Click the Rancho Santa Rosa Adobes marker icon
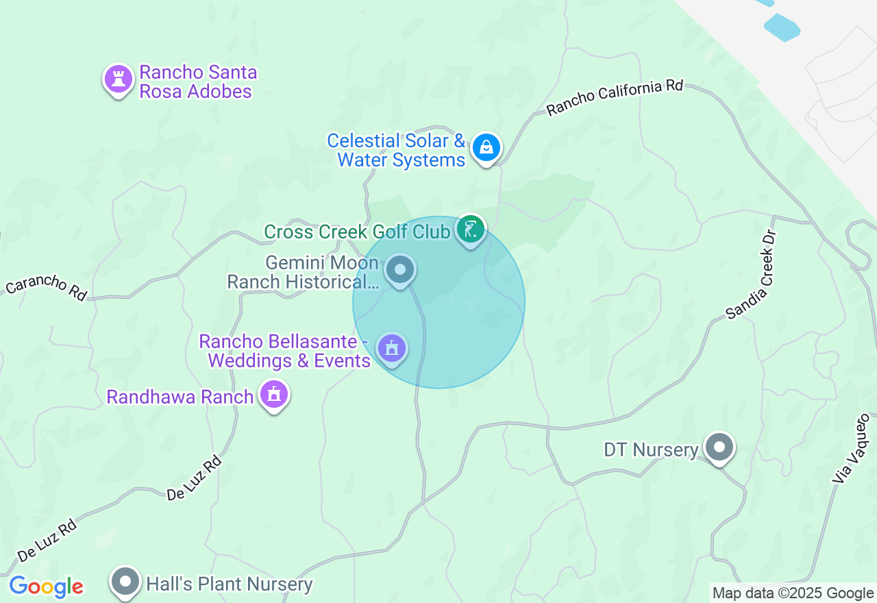click(x=118, y=79)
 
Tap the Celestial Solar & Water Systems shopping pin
click(x=486, y=147)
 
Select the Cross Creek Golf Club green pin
click(x=470, y=230)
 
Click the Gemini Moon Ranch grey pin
click(x=399, y=269)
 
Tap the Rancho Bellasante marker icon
click(x=391, y=349)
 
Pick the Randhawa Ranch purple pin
click(x=274, y=395)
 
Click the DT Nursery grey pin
click(x=719, y=447)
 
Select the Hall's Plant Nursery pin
click(x=125, y=582)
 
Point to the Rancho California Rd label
click(x=615, y=97)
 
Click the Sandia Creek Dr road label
click(x=752, y=274)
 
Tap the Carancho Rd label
click(x=46, y=288)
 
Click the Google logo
click(x=46, y=587)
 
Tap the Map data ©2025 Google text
click(x=793, y=593)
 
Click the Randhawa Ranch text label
click(x=180, y=397)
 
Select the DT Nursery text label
click(x=650, y=450)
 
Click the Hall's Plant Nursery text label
click(x=230, y=584)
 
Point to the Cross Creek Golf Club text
click(x=357, y=232)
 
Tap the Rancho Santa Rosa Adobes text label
click(x=198, y=82)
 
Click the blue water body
click(x=781, y=27)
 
